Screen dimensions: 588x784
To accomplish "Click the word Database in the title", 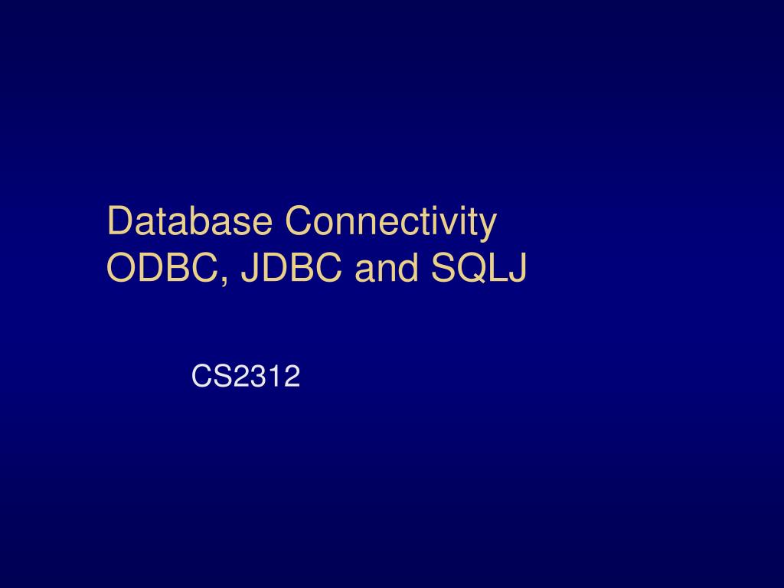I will coord(191,221).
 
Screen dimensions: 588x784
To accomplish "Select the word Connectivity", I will coord(391,221).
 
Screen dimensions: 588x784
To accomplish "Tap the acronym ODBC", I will coord(163,267).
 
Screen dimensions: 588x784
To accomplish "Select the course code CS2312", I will coord(245,376).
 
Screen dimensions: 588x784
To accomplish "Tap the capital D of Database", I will coord(119,221).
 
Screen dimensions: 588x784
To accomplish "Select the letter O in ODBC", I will coord(121,267).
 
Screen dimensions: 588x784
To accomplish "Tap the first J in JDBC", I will coord(249,267).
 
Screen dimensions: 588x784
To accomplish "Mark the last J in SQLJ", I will coord(517,267).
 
